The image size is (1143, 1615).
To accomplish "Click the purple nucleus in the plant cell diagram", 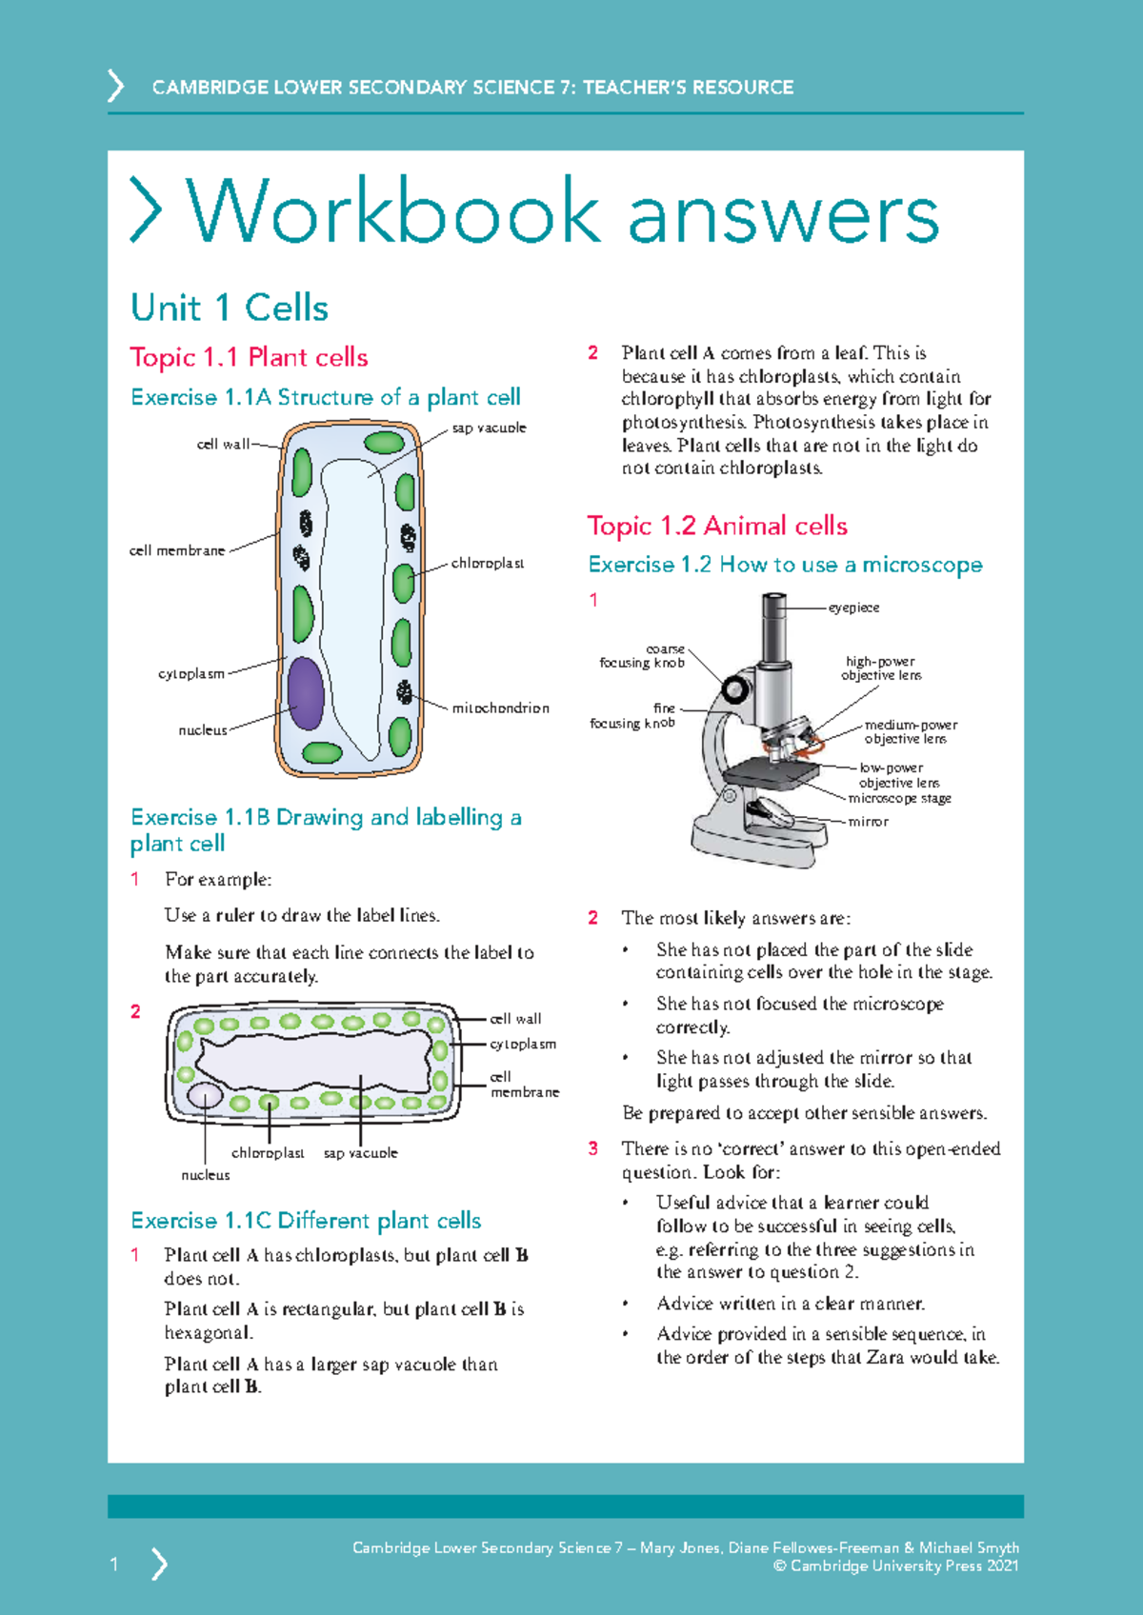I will (306, 692).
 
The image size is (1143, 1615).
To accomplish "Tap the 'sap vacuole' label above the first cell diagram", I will (489, 428).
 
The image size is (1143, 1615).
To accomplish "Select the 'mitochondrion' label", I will (500, 708).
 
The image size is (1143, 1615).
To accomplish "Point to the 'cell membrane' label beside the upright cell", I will (177, 550).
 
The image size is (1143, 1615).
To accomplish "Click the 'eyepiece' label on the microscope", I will (853, 608).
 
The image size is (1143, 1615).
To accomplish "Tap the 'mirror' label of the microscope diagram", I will (868, 821).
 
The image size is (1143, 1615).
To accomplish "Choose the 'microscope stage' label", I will (899, 798).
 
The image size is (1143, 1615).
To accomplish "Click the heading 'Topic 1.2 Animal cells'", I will (716, 526).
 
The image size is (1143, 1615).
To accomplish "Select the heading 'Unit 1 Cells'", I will (230, 308).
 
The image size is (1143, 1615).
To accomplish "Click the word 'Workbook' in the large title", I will (393, 211).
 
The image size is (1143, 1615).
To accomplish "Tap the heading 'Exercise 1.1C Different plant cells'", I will (306, 1221).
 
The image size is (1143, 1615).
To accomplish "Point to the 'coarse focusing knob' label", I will (643, 656).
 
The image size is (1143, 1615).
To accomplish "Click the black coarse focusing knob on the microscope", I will (735, 688).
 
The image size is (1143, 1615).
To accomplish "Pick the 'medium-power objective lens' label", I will (910, 731).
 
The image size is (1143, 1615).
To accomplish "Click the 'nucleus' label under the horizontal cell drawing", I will (206, 1175).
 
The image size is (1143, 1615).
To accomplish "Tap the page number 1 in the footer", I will (114, 1564).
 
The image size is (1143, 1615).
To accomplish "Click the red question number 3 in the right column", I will (592, 1148).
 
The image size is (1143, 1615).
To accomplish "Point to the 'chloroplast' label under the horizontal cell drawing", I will (268, 1152).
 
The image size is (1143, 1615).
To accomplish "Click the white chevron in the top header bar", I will (115, 86).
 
